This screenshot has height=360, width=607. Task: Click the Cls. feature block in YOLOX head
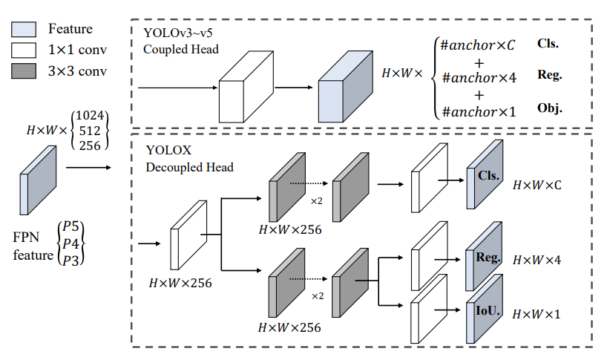coord(485,177)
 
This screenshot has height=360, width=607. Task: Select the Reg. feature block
coord(485,258)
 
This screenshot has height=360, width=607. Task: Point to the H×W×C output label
coord(537,184)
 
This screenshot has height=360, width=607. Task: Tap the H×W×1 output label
coord(537,314)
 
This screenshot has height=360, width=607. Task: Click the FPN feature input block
coord(39,180)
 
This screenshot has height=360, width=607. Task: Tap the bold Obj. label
coord(549,108)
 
